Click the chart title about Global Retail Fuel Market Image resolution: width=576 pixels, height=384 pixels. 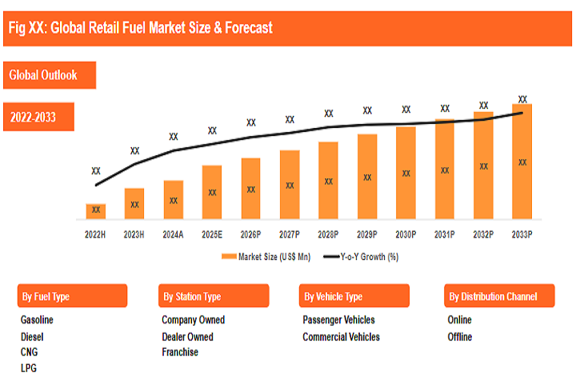[x=140, y=28]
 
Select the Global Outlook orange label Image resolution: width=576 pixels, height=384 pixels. [x=43, y=75]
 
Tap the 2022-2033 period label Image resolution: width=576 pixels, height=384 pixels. [x=33, y=118]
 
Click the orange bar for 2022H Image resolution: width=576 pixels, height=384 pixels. [x=96, y=210]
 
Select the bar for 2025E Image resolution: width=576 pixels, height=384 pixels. [x=212, y=192]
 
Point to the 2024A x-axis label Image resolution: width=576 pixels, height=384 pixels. [x=173, y=234]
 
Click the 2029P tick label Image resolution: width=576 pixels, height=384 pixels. [x=366, y=234]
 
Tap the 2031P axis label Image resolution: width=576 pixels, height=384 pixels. [x=444, y=234]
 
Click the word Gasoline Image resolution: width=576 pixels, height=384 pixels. [x=37, y=320]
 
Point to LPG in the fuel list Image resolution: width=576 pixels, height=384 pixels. [x=29, y=368]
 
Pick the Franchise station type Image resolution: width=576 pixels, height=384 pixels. [x=180, y=352]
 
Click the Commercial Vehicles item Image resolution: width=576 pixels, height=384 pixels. [x=341, y=337]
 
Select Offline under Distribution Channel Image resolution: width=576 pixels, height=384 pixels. [x=460, y=337]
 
